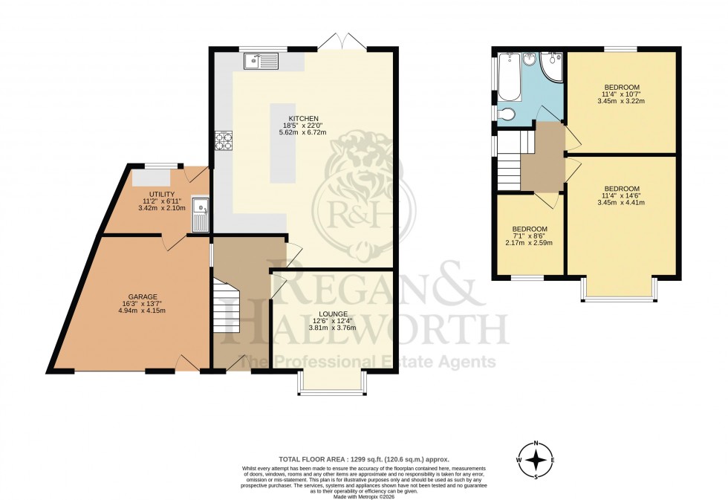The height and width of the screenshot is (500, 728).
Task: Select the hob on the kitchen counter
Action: click(223, 140)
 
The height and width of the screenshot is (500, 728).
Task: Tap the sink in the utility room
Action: click(199, 213)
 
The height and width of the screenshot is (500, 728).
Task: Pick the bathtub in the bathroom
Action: click(509, 77)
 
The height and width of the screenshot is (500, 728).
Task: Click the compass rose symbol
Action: click(535, 460)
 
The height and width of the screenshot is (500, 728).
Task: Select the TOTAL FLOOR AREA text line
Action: click(363, 460)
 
